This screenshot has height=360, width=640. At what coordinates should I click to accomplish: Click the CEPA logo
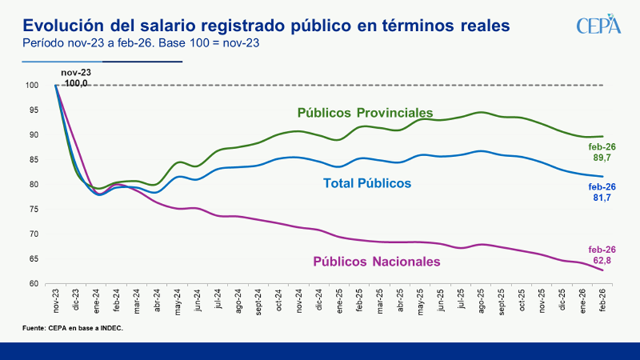(599, 25)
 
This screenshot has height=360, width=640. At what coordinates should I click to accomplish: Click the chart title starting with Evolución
(266, 25)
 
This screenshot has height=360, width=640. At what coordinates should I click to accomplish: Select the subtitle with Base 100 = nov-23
(141, 43)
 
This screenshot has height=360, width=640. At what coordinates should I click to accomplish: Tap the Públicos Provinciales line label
(365, 113)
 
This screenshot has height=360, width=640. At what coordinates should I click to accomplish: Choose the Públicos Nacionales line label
(376, 262)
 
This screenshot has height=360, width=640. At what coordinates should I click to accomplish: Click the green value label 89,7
(602, 156)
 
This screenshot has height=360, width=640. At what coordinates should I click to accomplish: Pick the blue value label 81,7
(602, 197)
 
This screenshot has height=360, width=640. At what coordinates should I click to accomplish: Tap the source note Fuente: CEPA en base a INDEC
(73, 329)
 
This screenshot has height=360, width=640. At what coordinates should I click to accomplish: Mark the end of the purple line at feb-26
(603, 270)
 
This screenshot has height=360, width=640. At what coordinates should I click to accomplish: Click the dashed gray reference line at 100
(361, 85)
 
